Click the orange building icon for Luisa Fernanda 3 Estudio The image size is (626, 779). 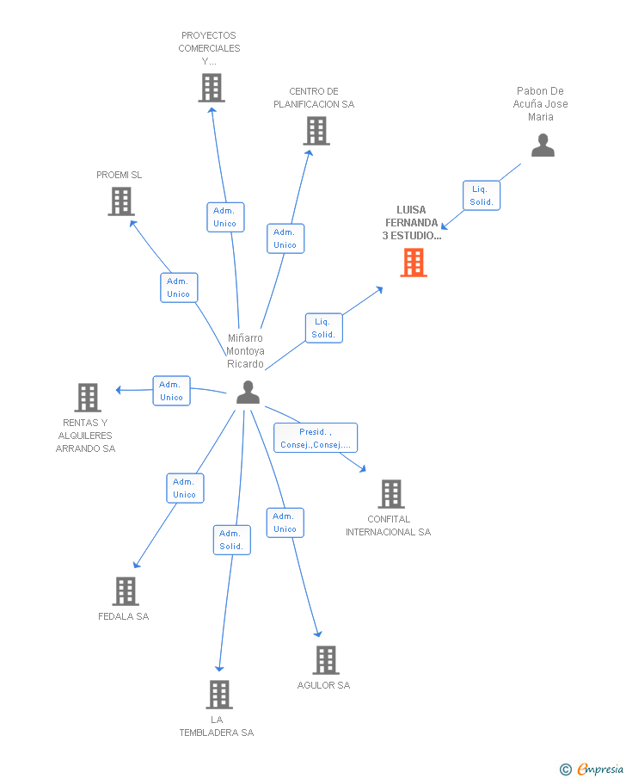pos(414,263)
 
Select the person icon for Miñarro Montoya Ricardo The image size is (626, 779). pos(248,393)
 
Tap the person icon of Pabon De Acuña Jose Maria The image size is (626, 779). pos(543,145)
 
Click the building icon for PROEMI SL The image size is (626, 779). pos(121,201)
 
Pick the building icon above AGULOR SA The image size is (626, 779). pos(325,660)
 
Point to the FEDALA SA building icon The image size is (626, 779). pos(126,591)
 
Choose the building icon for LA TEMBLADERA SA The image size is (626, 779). pos(219,695)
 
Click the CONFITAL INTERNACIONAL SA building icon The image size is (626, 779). pos(391,494)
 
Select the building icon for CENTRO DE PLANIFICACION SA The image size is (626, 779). pos(316,131)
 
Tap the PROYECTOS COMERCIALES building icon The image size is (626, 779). pos(211,88)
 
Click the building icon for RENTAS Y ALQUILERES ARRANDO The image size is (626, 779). pos(88,398)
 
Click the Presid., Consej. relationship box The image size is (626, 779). pos(316,438)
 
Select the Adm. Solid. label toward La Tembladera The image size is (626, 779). pos(231,540)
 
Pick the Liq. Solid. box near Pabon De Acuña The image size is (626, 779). pos(481,195)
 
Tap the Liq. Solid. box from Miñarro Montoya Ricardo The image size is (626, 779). pos(323,328)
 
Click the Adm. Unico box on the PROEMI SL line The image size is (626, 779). pos(179,287)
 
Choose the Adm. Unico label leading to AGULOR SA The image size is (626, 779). pos(285,522)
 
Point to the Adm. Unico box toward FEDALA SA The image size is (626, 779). pos(185,488)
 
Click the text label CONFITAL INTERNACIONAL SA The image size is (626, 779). pos(388,525)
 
